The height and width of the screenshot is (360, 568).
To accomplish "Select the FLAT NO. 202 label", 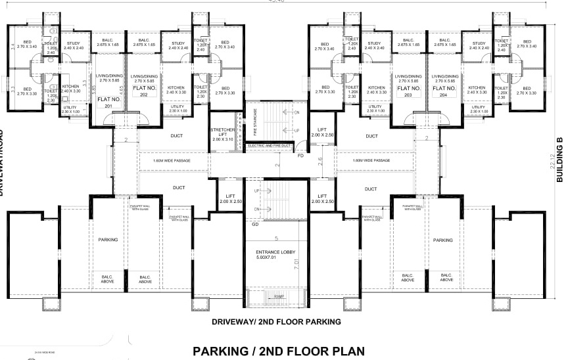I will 144,91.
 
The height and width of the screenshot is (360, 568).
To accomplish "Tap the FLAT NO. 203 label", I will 408,91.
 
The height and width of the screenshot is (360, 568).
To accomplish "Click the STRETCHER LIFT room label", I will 222,135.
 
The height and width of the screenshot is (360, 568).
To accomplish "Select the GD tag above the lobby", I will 255,225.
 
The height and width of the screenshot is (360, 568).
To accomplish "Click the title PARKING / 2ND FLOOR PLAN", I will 278,350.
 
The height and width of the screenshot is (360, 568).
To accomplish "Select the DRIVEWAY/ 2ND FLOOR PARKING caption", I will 276,323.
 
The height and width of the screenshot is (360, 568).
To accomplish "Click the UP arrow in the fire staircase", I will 296,131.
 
